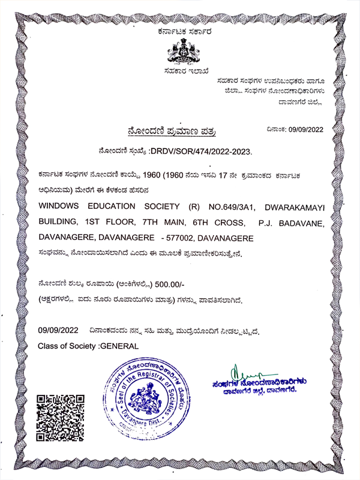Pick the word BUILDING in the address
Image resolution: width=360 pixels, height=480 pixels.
click(x=58, y=223)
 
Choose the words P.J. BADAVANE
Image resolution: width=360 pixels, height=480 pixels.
click(x=292, y=223)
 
